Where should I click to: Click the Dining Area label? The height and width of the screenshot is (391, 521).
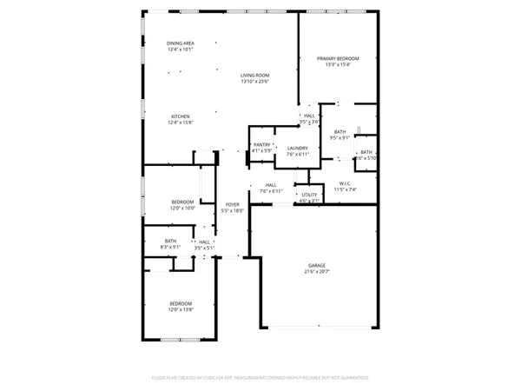181,43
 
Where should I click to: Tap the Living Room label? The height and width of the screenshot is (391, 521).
254,76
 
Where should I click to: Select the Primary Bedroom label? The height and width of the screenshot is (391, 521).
337,58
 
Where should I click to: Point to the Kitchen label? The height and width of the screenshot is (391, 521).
181,116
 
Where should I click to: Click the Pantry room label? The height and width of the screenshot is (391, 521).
262,145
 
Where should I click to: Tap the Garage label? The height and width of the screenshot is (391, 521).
316,266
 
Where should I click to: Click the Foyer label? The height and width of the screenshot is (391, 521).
233,204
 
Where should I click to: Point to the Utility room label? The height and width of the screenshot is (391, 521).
310,195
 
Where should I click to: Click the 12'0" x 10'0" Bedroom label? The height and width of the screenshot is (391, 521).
182,202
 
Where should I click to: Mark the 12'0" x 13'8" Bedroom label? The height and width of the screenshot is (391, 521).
181,303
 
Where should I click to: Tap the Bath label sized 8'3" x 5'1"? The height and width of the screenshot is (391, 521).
171,242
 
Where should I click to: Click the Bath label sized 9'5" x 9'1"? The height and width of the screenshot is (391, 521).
340,131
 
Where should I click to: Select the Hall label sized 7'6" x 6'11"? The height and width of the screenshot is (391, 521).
271,185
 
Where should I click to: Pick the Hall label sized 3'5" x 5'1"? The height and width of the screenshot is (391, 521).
205,242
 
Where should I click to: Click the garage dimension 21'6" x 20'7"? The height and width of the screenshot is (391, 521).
316,273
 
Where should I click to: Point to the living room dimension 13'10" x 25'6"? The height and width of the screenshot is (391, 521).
254,82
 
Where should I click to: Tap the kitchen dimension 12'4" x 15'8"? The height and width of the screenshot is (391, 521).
181,123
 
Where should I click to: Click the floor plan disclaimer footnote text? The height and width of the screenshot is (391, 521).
260,378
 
